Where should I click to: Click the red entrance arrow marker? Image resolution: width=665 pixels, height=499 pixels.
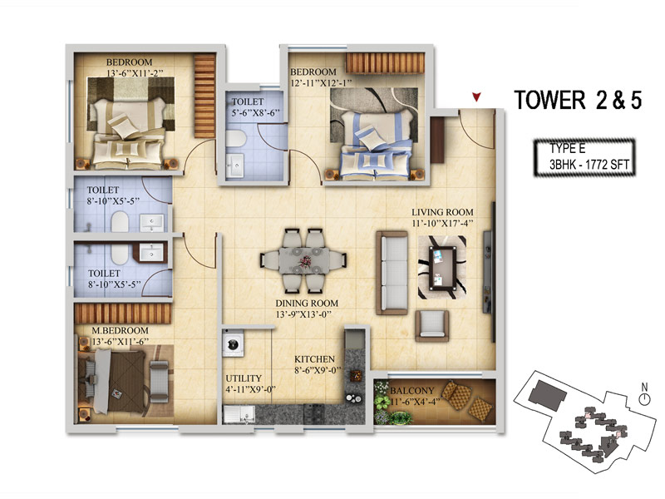476,97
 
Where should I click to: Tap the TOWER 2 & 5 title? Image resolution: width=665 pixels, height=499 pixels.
578,100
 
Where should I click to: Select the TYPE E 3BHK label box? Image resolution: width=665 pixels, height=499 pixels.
584,157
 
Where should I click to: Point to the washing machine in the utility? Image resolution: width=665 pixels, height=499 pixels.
233,343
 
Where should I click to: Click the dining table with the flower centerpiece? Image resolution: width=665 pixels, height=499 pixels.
304,260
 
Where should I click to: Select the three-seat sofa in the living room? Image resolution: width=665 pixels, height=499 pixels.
392,273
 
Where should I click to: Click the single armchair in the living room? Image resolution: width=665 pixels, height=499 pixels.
432,325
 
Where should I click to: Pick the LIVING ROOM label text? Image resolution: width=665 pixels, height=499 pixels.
442,212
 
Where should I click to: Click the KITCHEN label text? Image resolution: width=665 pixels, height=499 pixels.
315,359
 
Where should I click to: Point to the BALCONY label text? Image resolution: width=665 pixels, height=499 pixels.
411,391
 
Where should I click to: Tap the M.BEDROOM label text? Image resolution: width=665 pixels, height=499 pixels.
120,330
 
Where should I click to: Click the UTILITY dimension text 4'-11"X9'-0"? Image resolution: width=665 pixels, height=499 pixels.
251,389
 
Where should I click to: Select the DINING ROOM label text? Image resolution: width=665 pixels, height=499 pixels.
307,303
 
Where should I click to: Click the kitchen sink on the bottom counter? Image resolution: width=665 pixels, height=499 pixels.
239,414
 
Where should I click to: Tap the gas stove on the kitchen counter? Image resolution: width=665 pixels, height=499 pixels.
314,413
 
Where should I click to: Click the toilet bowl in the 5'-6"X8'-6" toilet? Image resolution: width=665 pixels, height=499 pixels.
235,138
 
